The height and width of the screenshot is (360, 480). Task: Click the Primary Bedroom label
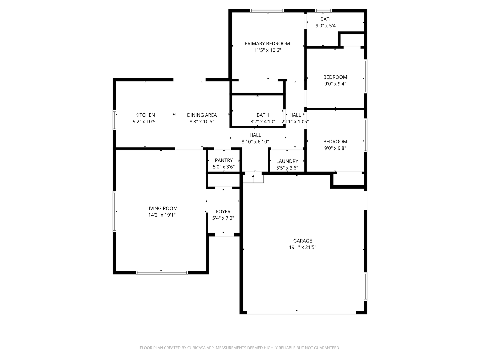point(267,43)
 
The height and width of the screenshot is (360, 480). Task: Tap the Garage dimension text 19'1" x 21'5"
point(302,247)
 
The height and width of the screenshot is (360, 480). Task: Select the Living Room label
point(162,208)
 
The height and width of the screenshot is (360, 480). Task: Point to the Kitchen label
point(145,115)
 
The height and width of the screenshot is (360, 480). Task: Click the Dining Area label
point(202,115)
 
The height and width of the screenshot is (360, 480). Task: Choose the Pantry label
point(224,160)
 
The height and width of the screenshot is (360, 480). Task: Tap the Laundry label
point(287,161)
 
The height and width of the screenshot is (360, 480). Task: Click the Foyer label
point(223,211)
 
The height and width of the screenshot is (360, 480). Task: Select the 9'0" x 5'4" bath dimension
point(326,25)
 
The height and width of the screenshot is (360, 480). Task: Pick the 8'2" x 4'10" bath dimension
point(263,122)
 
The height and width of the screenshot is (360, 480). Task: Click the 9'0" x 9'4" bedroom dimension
point(335,84)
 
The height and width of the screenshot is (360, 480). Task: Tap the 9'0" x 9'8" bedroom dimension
point(335,148)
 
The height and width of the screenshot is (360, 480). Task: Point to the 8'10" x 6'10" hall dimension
point(255,142)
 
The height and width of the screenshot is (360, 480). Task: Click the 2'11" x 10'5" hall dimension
point(295,122)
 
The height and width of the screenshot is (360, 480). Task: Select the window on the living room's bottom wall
point(162,273)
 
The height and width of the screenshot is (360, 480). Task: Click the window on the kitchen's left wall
point(114,120)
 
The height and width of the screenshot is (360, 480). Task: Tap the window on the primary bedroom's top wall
point(267,11)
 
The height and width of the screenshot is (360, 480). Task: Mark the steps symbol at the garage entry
point(253,179)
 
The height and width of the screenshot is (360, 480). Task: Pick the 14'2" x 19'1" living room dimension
point(162,215)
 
